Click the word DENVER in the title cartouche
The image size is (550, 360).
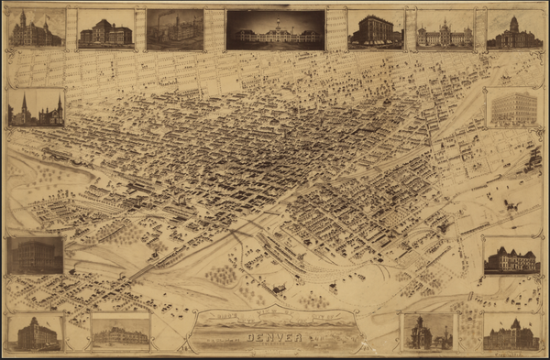tap(275, 337)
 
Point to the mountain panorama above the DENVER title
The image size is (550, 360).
tap(275, 320)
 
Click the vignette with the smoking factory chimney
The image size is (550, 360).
tap(175, 29)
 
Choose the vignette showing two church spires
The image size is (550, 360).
tap(37, 108)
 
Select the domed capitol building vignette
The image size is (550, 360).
tap(514, 29)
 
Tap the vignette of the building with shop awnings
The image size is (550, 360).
tap(376, 29)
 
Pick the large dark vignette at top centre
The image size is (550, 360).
tap(275, 29)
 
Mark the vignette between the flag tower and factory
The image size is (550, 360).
tap(105, 29)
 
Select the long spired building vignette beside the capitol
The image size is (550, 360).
tap(445, 29)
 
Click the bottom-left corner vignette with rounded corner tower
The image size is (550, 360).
tap(37, 332)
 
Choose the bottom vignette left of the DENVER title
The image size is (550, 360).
tap(120, 331)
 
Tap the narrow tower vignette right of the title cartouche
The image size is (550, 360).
tap(428, 332)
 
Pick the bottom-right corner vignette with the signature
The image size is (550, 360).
tap(511, 331)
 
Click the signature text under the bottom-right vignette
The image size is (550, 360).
tap(522, 353)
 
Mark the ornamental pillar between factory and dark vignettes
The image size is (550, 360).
tap(214, 29)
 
